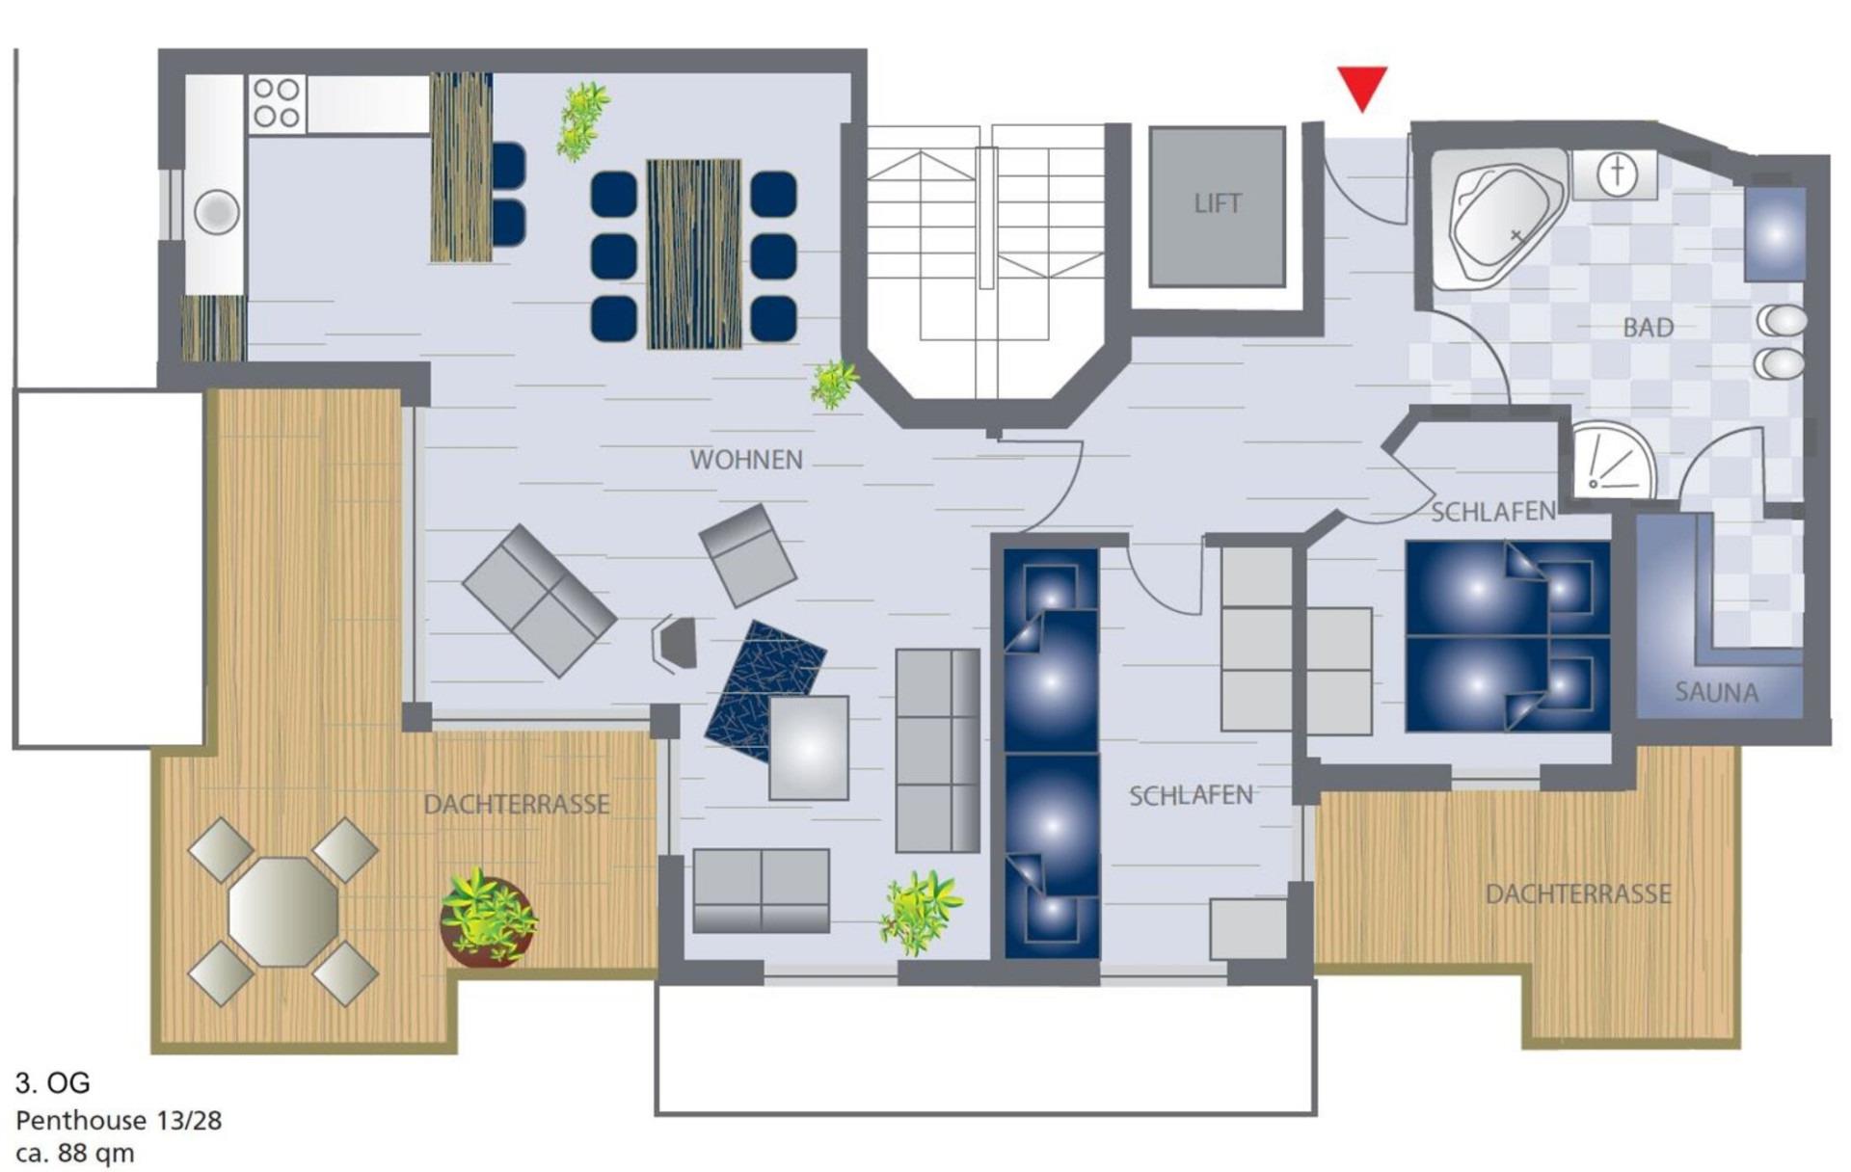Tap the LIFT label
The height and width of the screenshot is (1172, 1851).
(1218, 203)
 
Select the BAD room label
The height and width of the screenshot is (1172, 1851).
(1648, 328)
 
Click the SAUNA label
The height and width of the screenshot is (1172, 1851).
(1716, 692)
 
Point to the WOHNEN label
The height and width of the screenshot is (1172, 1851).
(746, 460)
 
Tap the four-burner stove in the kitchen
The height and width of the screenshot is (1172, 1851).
(277, 103)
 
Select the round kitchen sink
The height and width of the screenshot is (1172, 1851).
(217, 212)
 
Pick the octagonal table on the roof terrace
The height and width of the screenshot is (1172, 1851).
(283, 912)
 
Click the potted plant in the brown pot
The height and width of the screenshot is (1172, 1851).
(489, 918)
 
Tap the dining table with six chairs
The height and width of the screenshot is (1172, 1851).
(694, 254)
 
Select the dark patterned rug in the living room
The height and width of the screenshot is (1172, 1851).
(764, 691)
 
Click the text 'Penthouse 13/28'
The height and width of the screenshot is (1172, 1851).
(119, 1121)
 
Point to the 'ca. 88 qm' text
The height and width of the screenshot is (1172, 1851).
(75, 1153)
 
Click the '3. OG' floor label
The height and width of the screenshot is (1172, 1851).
(53, 1082)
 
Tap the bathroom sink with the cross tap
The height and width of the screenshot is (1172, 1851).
(1617, 174)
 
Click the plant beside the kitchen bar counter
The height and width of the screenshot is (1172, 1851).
(582, 120)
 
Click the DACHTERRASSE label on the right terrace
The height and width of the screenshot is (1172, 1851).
(1578, 894)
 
